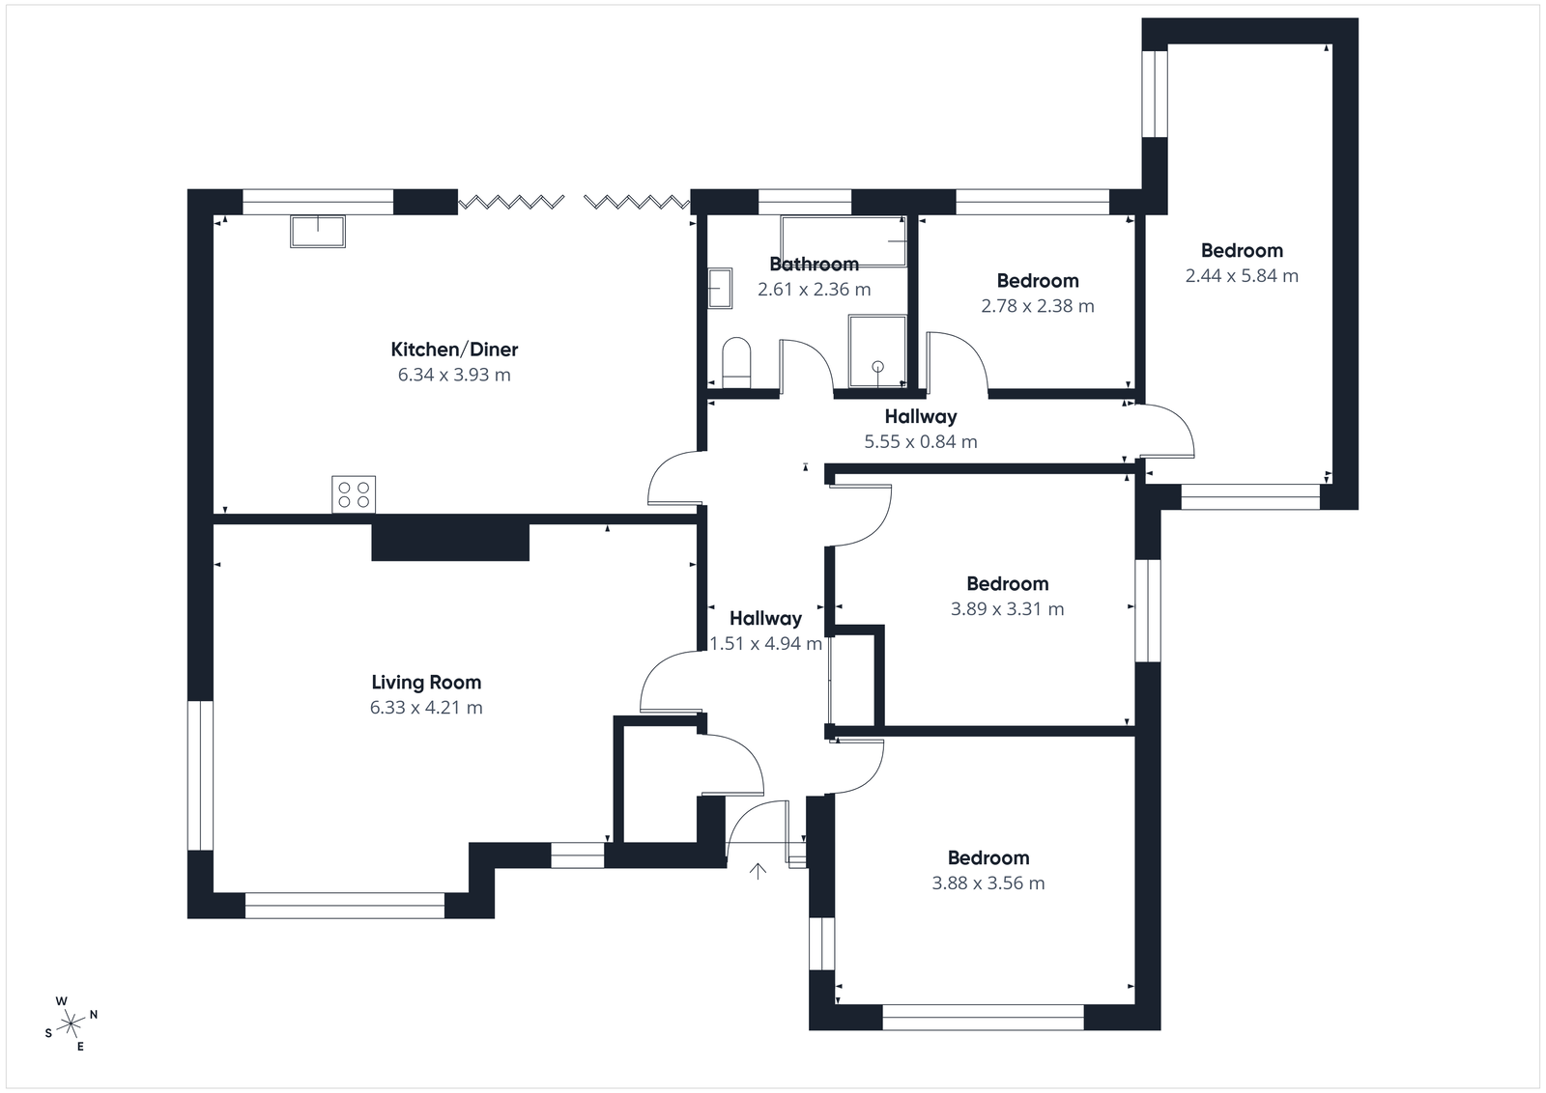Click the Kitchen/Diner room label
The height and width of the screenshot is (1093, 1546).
pos(454,350)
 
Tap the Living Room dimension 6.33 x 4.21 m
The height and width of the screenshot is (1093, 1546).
pos(426,708)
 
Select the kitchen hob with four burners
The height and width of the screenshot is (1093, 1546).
pos(354,494)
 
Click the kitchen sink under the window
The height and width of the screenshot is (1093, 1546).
pos(318,232)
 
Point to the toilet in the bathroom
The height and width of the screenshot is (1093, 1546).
pos(736,362)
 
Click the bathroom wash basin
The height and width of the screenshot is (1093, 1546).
pos(720,288)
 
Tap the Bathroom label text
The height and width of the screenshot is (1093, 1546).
pos(814,264)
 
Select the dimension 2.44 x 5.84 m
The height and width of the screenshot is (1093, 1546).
pos(1242,276)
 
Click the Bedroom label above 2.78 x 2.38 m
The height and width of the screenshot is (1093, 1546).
pos(1038,281)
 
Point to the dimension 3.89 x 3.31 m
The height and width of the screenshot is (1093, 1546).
pos(1007,609)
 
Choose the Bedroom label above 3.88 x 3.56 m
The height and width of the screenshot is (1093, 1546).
pos(988,857)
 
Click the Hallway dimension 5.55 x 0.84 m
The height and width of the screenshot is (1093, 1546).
pos(920,442)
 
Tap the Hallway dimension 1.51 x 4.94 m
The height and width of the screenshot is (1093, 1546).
pos(766,644)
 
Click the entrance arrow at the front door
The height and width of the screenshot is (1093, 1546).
pos(759,872)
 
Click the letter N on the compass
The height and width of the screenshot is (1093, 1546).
pos(94,1015)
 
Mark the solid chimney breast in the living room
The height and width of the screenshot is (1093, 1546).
pos(450,542)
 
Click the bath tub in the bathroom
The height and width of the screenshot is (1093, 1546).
pos(843,242)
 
